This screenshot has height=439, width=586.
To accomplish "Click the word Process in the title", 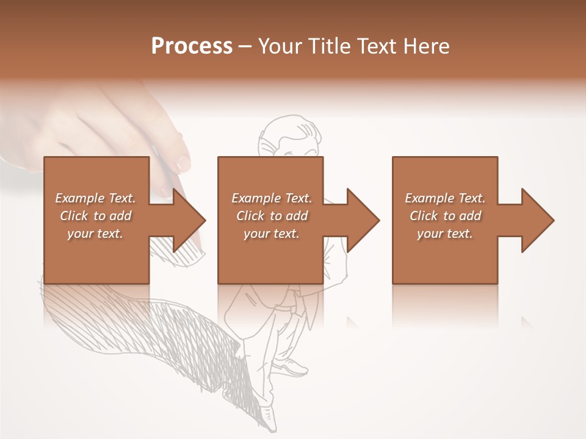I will pos(192,46).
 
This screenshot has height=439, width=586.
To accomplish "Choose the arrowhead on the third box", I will pos(537,220).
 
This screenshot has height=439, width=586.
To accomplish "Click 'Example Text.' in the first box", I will pos(95,198).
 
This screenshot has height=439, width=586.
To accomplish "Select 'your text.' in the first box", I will pos(95,234).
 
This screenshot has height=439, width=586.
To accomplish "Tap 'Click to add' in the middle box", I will pos(272,216).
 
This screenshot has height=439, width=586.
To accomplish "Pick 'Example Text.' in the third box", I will pos(445,198).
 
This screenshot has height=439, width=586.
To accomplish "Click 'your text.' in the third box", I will pos(445,234).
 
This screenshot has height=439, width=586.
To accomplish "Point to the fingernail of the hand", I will pos(183,162).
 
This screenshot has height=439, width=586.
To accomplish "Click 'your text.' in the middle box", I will pos(272,234).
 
